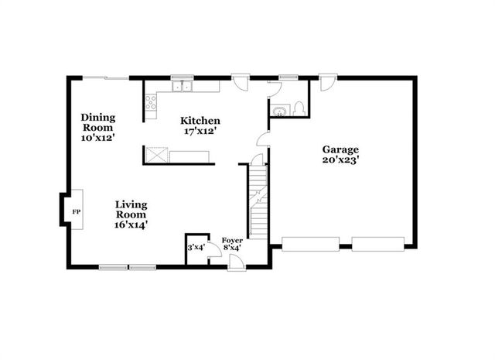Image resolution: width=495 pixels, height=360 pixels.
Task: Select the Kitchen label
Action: (x=200, y=121)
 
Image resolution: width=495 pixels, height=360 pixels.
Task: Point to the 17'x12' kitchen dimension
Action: (x=200, y=132)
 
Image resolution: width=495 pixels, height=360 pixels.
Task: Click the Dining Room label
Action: (x=98, y=123)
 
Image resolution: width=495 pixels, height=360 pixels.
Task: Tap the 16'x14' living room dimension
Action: (x=131, y=224)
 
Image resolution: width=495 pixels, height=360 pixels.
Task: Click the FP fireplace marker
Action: (x=76, y=211)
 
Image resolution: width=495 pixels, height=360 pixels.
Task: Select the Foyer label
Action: (x=232, y=241)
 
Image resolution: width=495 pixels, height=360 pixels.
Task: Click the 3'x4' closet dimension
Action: (x=196, y=248)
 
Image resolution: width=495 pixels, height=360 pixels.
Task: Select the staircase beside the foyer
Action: (x=258, y=201)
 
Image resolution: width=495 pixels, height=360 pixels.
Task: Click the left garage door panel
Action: (x=310, y=245)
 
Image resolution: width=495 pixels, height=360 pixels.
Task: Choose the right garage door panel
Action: (x=378, y=245)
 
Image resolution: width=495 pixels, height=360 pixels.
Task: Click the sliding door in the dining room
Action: (x=105, y=77)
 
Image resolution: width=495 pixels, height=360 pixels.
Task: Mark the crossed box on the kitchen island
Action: (x=158, y=156)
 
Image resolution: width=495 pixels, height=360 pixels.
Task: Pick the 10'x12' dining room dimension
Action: (x=98, y=138)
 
